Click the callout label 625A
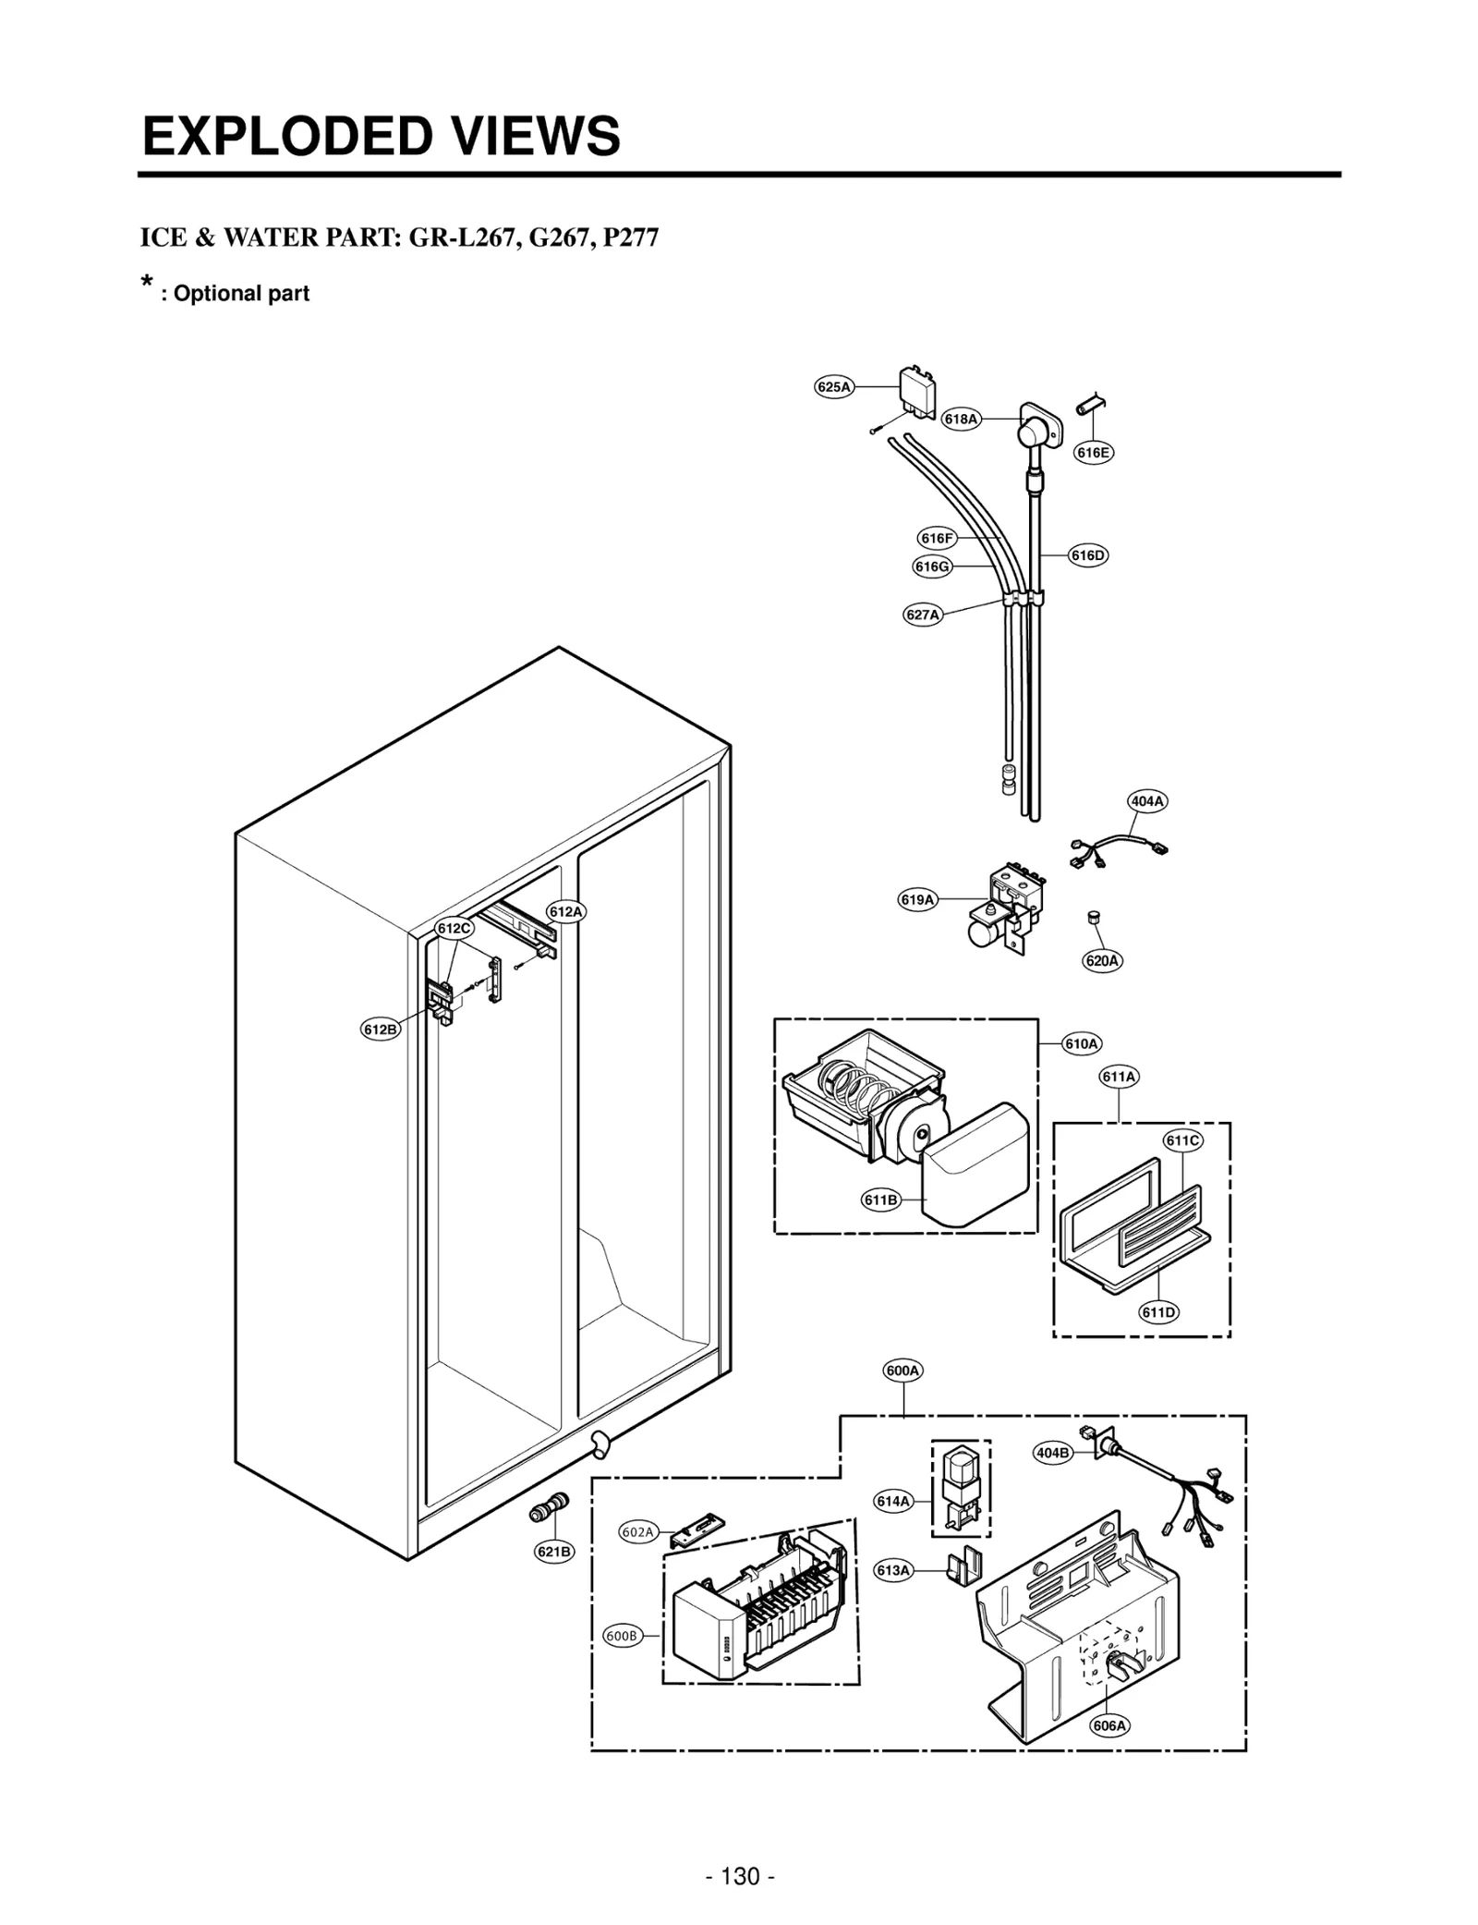pyautogui.click(x=833, y=387)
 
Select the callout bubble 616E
pyautogui.click(x=1093, y=452)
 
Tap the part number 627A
pyautogui.click(x=922, y=615)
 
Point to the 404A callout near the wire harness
pyautogui.click(x=1146, y=801)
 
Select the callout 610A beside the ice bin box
pyautogui.click(x=1081, y=1043)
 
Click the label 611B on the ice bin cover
pyautogui.click(x=880, y=1200)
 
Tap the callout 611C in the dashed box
pyautogui.click(x=1182, y=1140)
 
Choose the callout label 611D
pyautogui.click(x=1158, y=1312)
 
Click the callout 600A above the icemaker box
pyautogui.click(x=902, y=1371)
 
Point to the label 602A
pyautogui.click(x=637, y=1531)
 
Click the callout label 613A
pyautogui.click(x=893, y=1570)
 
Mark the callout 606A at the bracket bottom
pyautogui.click(x=1109, y=1725)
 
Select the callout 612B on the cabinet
pyautogui.click(x=381, y=1029)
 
